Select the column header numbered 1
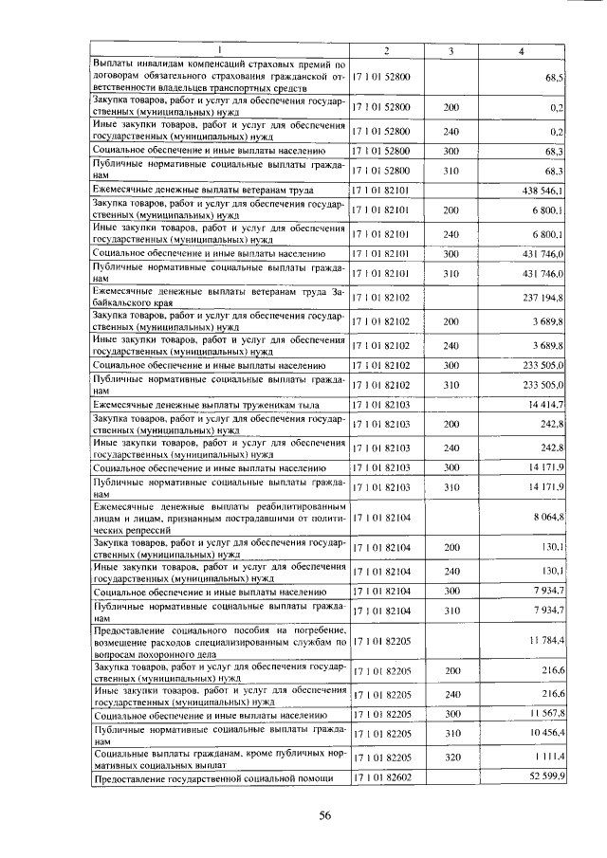point(219,50)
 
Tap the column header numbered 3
point(451,50)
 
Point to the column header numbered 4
point(521,50)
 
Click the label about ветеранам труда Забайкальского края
point(219,297)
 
